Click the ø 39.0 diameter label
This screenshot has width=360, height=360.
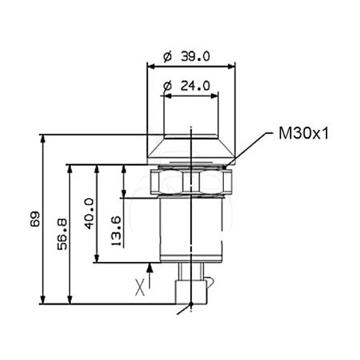click(x=186, y=57)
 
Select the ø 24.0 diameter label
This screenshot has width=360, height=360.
click(x=186, y=86)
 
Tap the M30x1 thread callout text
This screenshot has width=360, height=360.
click(x=303, y=133)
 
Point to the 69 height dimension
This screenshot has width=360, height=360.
click(x=35, y=219)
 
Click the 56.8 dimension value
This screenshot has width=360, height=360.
click(x=62, y=234)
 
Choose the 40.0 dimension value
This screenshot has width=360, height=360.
click(x=89, y=213)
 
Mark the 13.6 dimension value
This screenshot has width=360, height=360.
click(x=116, y=231)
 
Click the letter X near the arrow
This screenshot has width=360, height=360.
click(x=140, y=288)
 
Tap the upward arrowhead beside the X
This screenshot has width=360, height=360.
click(x=150, y=268)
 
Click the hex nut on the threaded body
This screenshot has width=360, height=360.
click(x=191, y=182)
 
